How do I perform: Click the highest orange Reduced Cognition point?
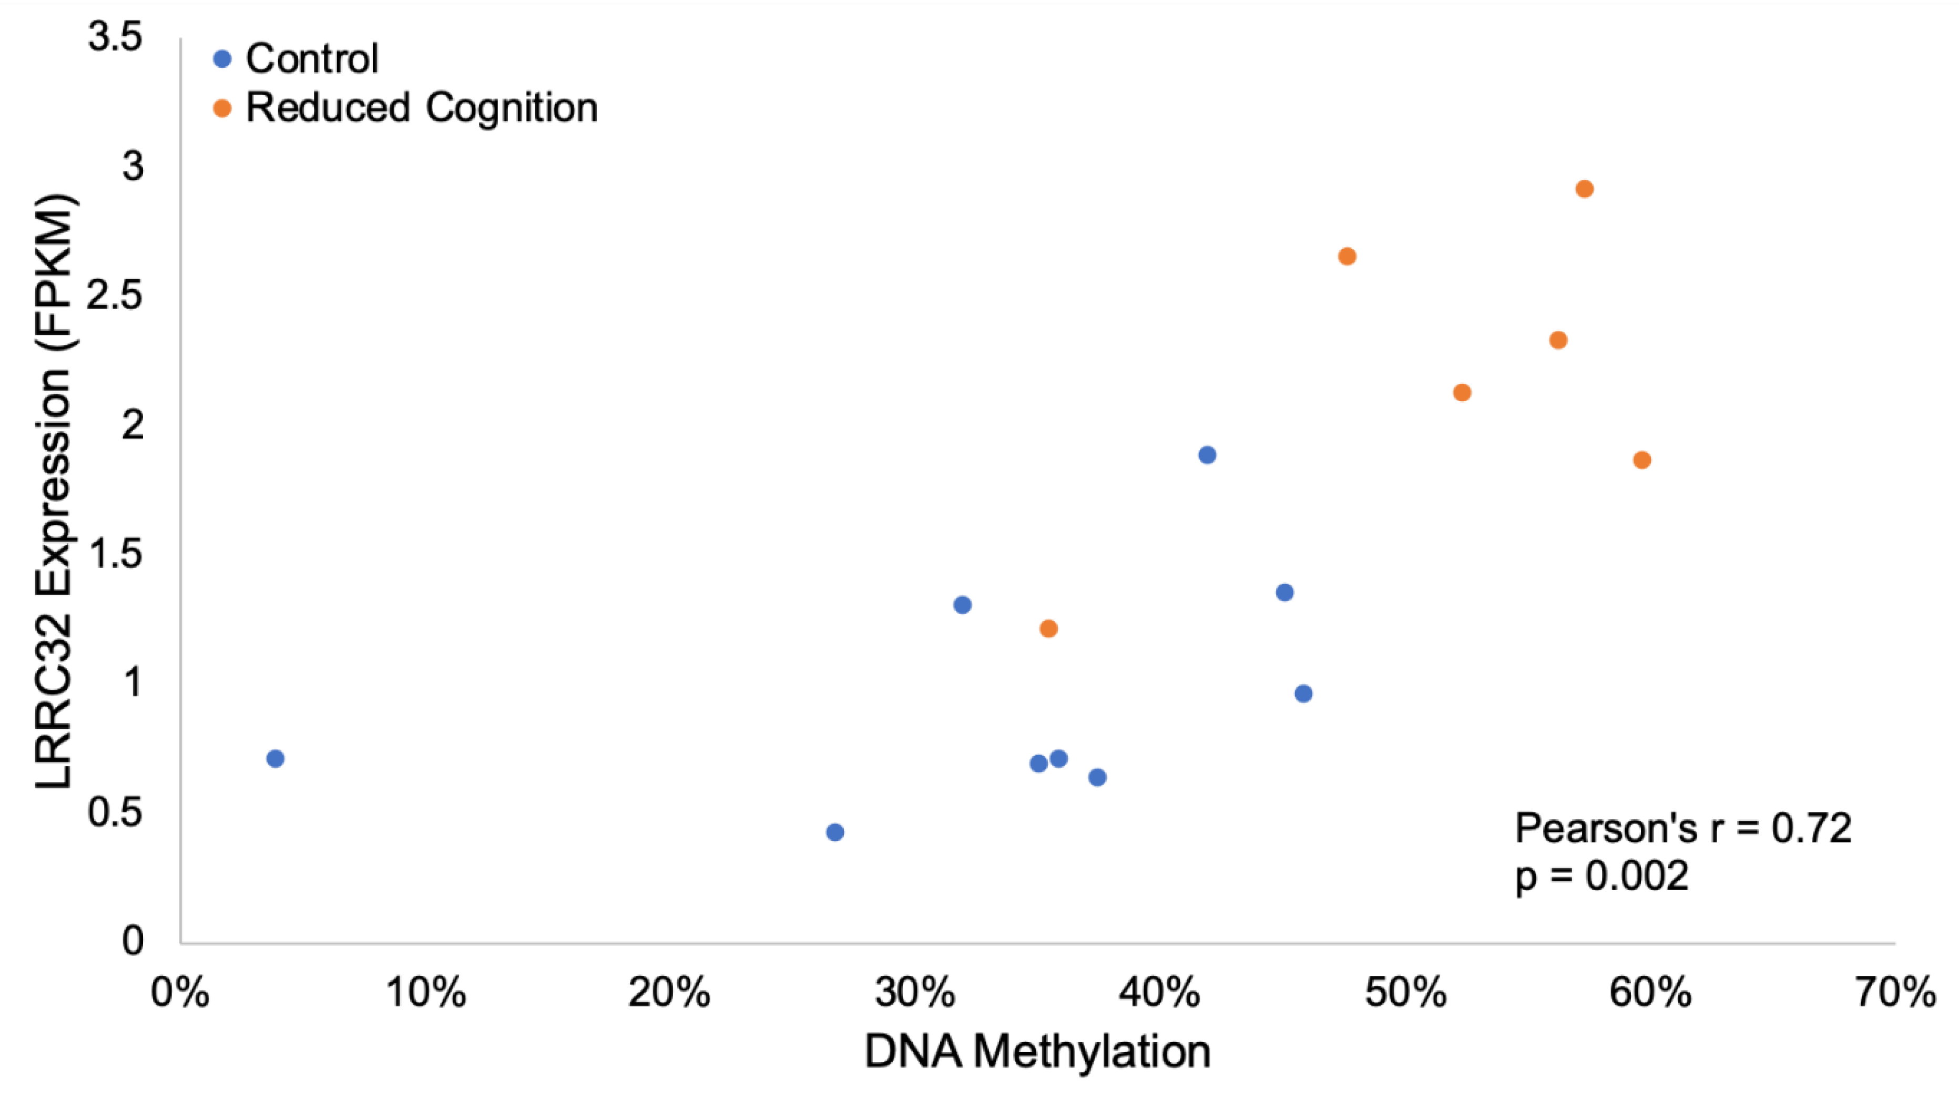1584,189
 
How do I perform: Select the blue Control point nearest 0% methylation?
276,758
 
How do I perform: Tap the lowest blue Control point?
834,832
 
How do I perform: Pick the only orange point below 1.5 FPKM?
1048,628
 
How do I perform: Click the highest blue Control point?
1207,455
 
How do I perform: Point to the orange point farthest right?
1642,460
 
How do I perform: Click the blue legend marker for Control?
222,58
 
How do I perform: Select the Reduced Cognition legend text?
421,107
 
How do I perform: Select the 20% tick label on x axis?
669,993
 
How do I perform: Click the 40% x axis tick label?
1160,993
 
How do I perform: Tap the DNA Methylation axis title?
1037,1052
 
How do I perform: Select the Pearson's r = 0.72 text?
1682,828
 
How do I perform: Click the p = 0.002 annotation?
1601,876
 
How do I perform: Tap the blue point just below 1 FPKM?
1303,693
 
